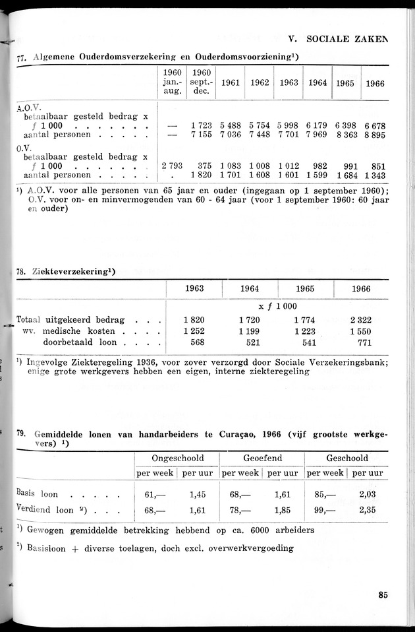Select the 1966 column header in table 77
[375, 83]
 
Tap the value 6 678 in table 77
[374, 125]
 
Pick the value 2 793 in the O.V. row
[171, 166]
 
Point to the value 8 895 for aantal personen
[374, 135]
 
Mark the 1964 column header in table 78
[249, 289]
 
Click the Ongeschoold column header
[177, 458]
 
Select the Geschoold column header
[346, 458]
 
